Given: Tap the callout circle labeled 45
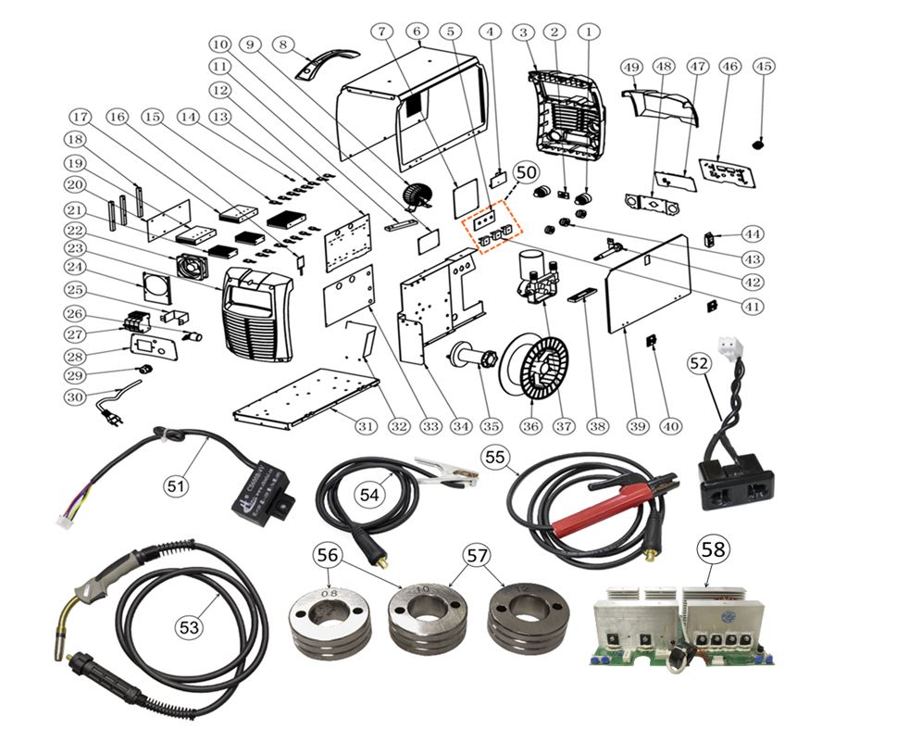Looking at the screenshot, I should (764, 67).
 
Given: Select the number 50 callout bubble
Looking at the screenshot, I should (526, 173).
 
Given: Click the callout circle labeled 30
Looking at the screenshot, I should (75, 396).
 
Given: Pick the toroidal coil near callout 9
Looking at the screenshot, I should (418, 195).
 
